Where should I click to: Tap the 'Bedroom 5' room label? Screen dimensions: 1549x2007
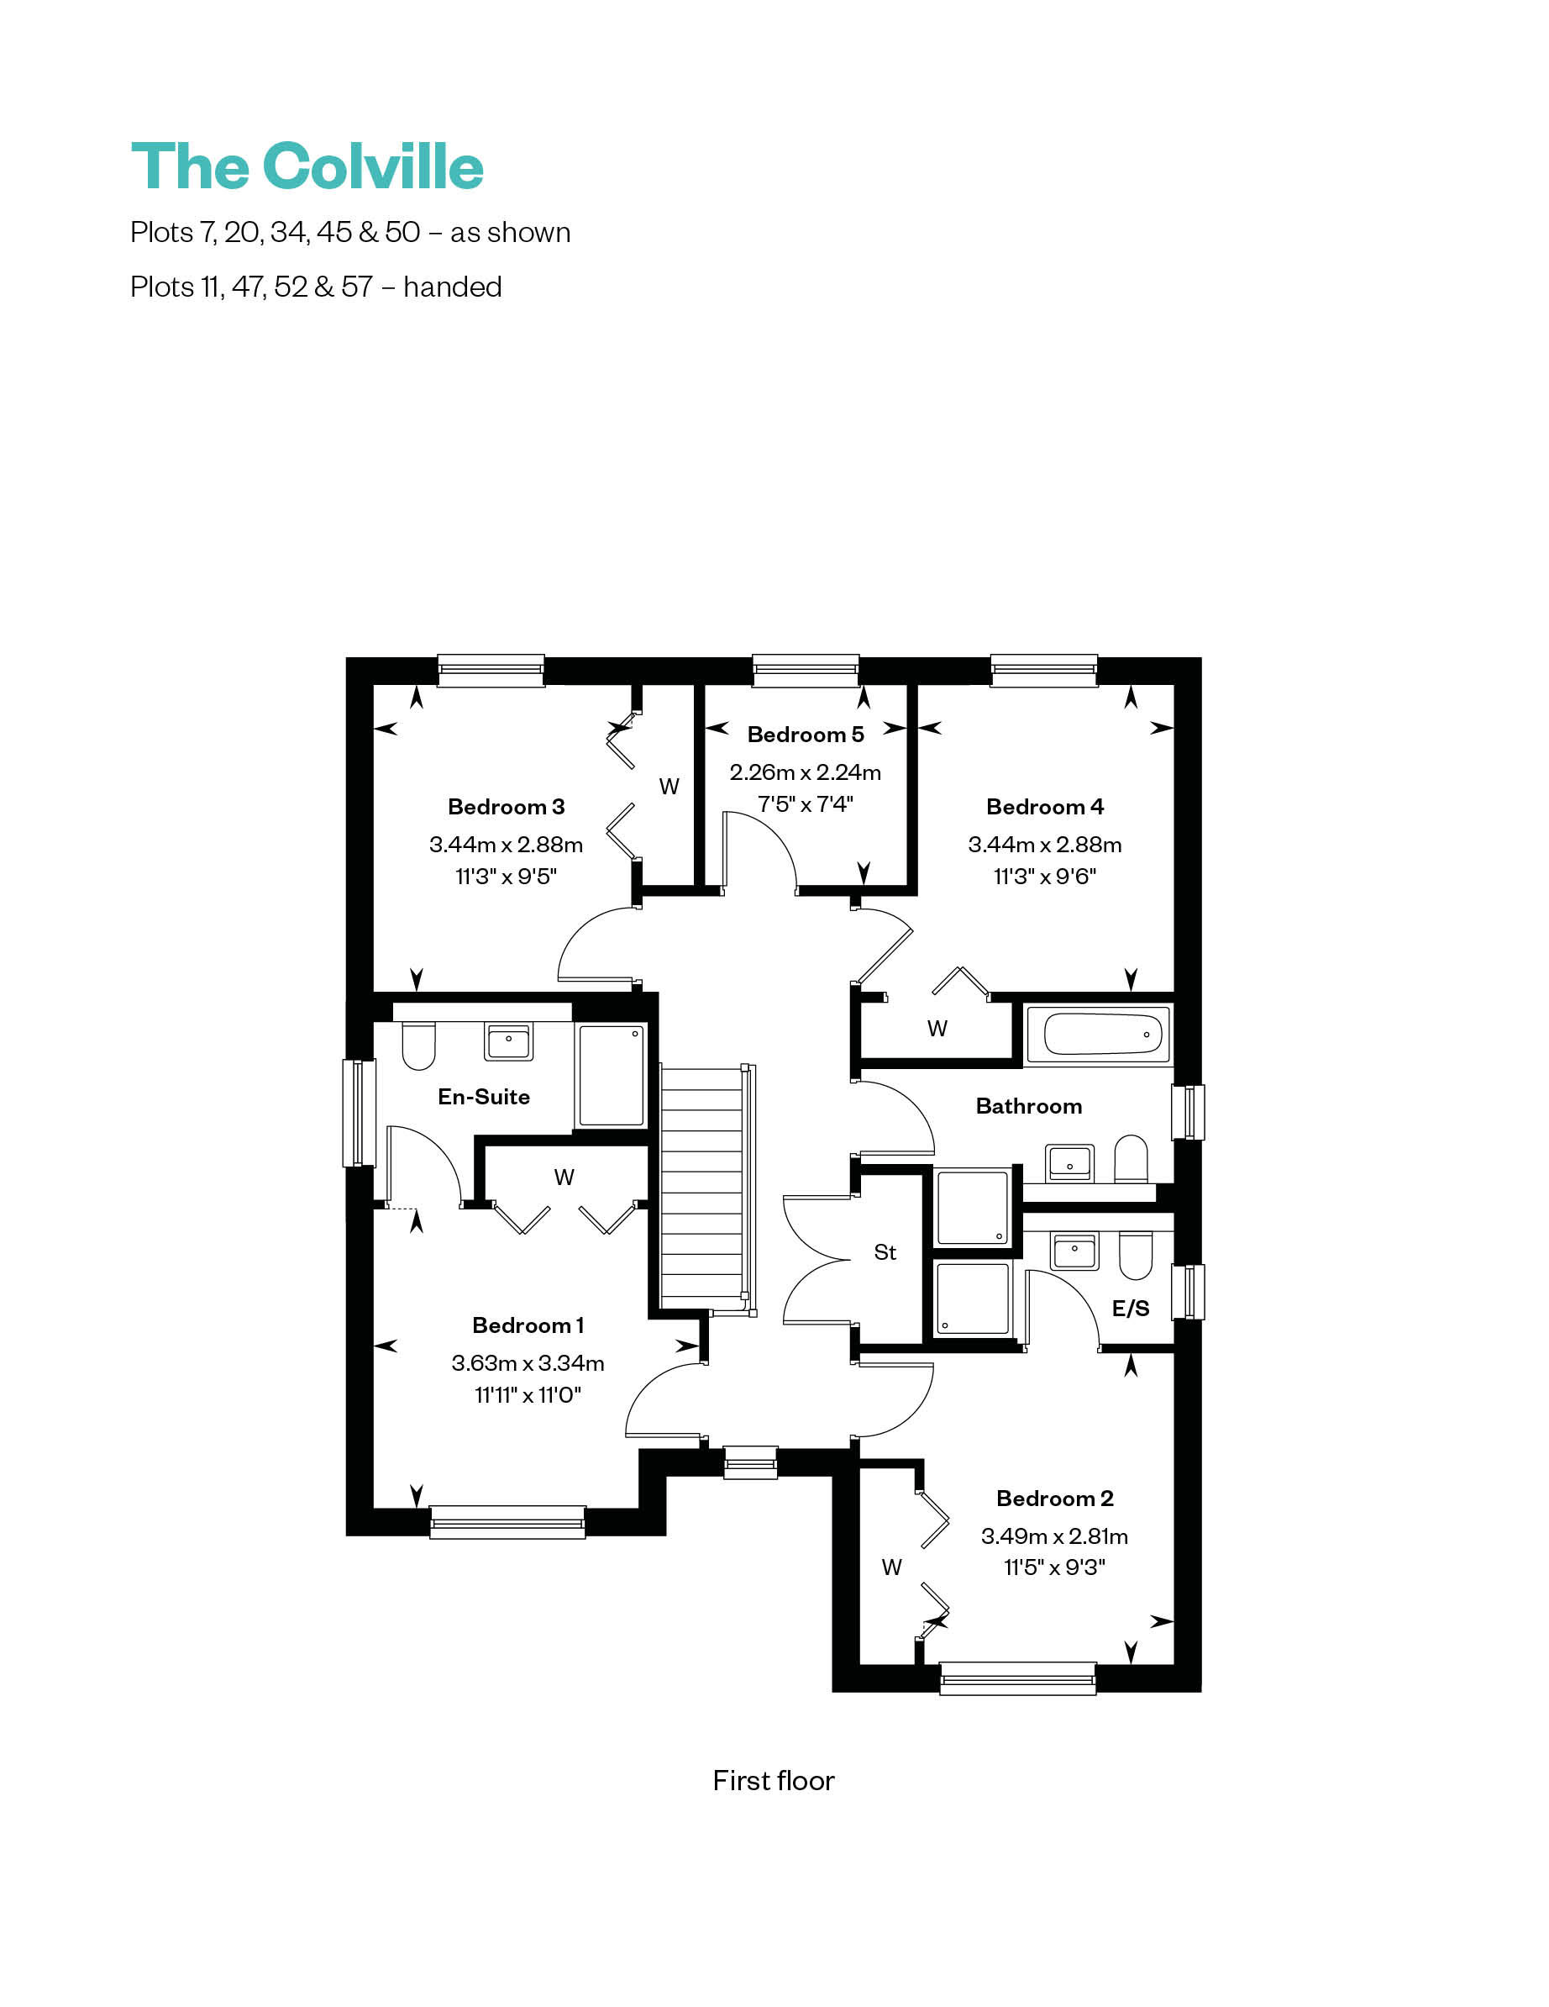tap(805, 735)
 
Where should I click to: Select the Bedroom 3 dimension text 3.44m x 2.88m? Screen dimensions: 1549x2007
tap(506, 844)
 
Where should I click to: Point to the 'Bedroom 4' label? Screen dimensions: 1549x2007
tap(1045, 807)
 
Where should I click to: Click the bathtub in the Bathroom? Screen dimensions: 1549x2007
tap(1098, 1035)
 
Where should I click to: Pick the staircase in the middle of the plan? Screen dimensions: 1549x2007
tap(706, 1189)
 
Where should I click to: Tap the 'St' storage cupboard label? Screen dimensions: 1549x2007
tap(885, 1252)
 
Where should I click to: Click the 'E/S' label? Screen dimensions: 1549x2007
tap(1130, 1309)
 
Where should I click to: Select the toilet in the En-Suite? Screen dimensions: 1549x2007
tap(418, 1046)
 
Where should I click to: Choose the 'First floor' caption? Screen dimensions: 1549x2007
tap(774, 1780)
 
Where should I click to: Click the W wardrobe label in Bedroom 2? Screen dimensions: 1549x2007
tap(891, 1567)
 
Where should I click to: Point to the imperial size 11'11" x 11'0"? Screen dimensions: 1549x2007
tap(528, 1395)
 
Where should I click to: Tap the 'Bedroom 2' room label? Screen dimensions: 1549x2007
tap(1055, 1499)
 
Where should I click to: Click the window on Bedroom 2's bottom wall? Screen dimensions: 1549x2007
tap(1018, 1678)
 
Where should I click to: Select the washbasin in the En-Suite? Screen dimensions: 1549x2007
tap(508, 1042)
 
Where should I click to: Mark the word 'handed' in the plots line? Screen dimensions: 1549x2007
tap(452, 287)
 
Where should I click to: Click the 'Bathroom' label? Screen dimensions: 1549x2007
tap(1029, 1106)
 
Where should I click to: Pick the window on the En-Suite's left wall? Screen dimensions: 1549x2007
tap(360, 1113)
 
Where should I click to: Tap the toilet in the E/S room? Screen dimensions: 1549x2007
tap(1137, 1256)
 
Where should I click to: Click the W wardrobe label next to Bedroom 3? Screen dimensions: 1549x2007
tap(669, 787)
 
